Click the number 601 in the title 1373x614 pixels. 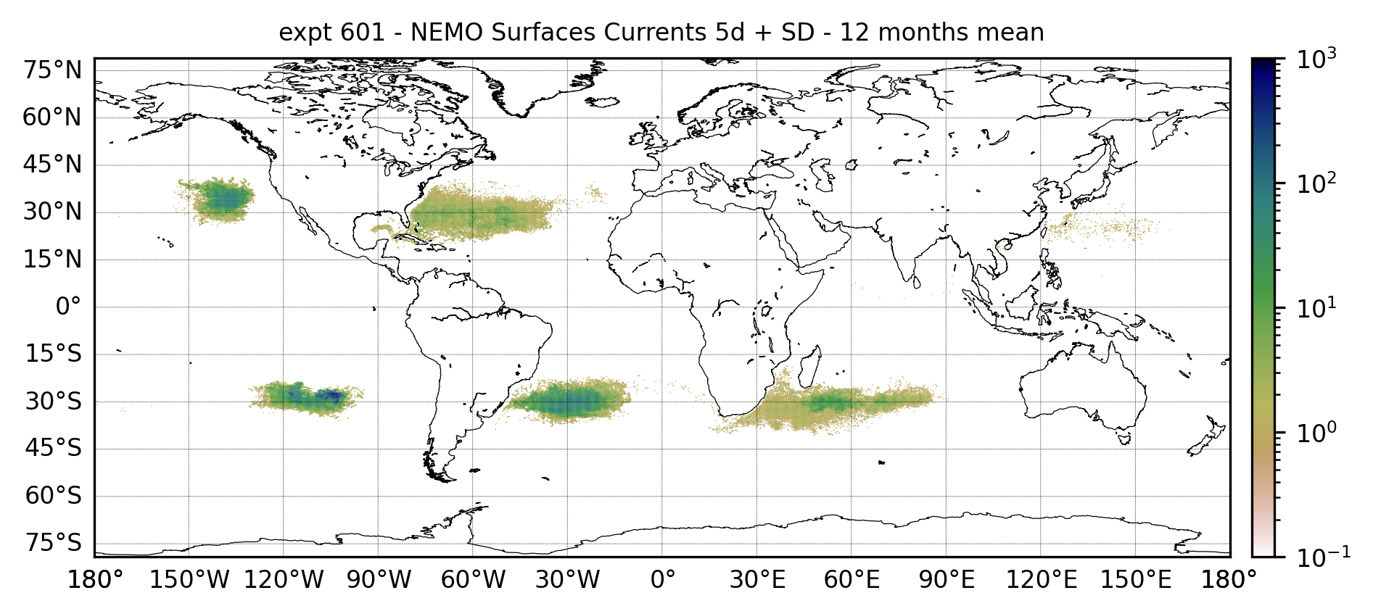click(x=363, y=33)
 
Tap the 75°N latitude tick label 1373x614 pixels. click(x=52, y=71)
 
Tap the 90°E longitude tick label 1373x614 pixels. click(x=946, y=581)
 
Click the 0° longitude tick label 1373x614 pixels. click(x=662, y=581)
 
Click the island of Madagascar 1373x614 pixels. click(x=811, y=366)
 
